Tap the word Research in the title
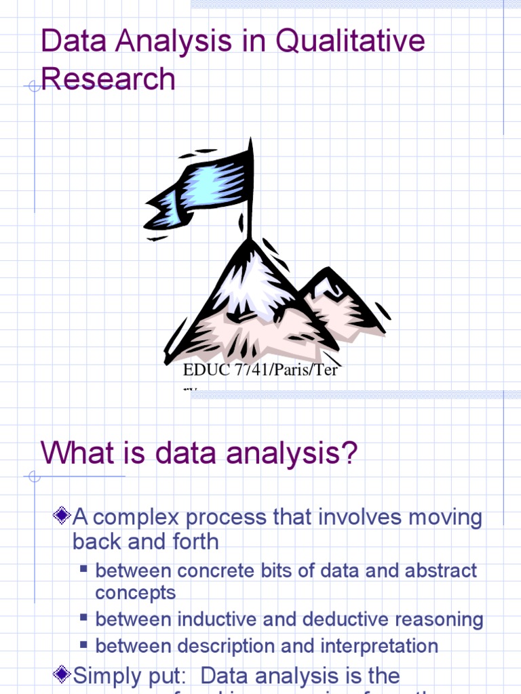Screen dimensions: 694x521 point(108,79)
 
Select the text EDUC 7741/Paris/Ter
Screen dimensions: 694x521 point(260,371)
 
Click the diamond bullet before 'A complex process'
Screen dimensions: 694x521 point(62,516)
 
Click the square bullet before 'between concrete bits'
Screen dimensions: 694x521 point(84,568)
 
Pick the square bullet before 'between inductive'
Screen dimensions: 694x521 point(84,617)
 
